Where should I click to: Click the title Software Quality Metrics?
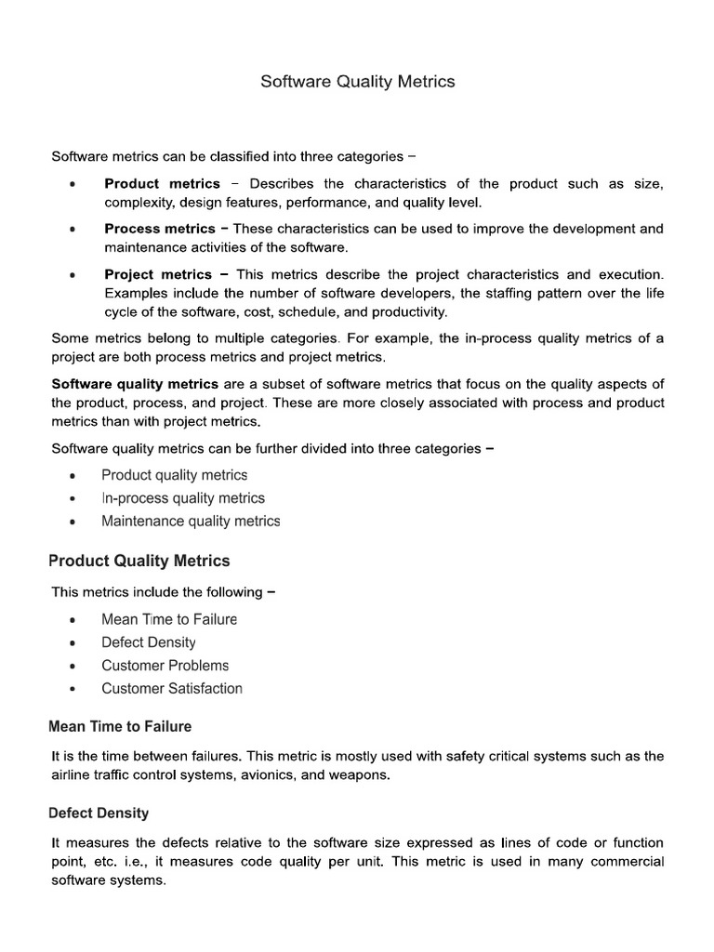click(x=357, y=82)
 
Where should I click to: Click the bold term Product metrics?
click(x=162, y=183)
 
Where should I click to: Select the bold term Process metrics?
click(x=159, y=229)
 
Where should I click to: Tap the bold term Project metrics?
click(x=158, y=274)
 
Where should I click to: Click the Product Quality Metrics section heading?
click(x=139, y=561)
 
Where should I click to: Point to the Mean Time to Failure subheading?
click(x=120, y=726)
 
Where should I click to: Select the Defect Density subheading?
click(x=99, y=813)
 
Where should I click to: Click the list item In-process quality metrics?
click(x=183, y=498)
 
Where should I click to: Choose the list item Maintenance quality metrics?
click(x=191, y=522)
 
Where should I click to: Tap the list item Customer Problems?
click(x=165, y=666)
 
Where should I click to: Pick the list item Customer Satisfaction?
click(x=172, y=689)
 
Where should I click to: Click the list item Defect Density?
click(x=149, y=642)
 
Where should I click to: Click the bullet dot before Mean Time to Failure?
click(x=73, y=620)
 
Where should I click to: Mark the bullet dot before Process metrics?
click(x=73, y=230)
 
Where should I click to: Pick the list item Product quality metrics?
click(x=175, y=475)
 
